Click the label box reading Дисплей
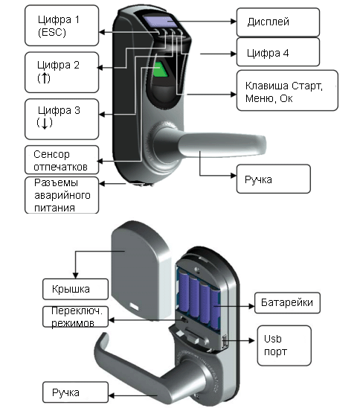pyautogui.click(x=277, y=22)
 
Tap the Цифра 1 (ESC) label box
pyautogui.click(x=62, y=25)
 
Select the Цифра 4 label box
pyautogui.click(x=277, y=52)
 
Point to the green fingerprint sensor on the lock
pyautogui.click(x=159, y=69)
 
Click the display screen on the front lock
pyautogui.click(x=161, y=22)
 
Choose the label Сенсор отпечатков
pyautogui.click(x=62, y=160)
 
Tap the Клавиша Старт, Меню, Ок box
pyautogui.click(x=287, y=90)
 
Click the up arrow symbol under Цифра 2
pyautogui.click(x=44, y=78)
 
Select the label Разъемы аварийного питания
pyautogui.click(x=62, y=195)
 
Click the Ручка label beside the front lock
pyautogui.click(x=273, y=179)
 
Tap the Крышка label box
pyautogui.click(x=75, y=289)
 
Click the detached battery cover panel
pyautogui.click(x=141, y=270)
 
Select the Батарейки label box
pyautogui.click(x=287, y=303)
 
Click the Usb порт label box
pyautogui.click(x=284, y=345)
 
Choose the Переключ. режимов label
pyautogui.click(x=75, y=317)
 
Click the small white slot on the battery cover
pyautogui.click(x=134, y=306)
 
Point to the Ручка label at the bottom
pyautogui.click(x=75, y=392)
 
